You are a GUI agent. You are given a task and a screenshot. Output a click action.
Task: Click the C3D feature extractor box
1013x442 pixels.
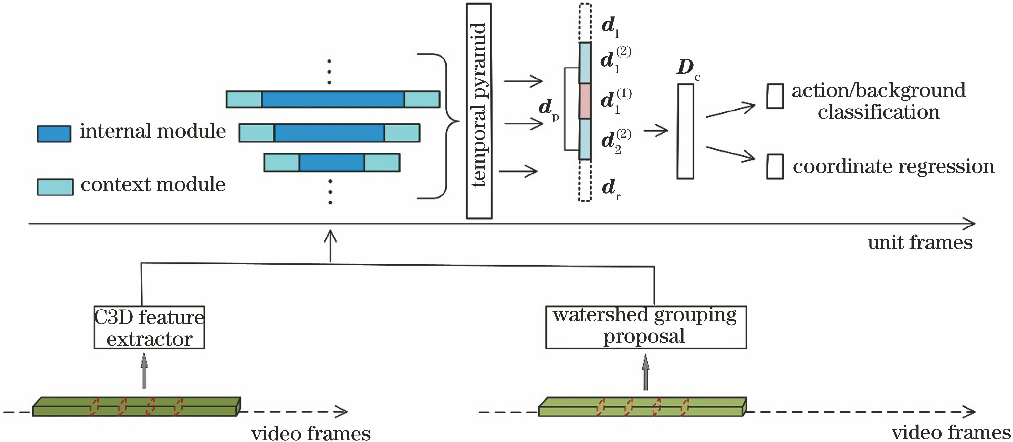149,327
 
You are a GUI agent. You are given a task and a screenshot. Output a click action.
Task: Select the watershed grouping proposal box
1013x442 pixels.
646,327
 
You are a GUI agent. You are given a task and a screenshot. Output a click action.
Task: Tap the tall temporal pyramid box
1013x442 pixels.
479,111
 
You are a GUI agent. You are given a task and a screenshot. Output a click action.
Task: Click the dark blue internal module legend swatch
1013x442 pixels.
54,134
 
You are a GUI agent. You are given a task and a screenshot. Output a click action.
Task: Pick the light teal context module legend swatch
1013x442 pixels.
55,187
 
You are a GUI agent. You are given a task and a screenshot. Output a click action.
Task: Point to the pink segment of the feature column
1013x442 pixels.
585,101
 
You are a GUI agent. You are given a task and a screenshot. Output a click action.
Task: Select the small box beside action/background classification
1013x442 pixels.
775,96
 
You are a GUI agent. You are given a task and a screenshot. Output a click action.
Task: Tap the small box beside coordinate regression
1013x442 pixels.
775,167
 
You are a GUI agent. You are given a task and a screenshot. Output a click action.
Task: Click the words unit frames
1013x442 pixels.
920,243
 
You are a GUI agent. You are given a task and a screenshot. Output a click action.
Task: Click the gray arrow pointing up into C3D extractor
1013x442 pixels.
144,371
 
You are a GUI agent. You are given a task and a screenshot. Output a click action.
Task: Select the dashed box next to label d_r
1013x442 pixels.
585,181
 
